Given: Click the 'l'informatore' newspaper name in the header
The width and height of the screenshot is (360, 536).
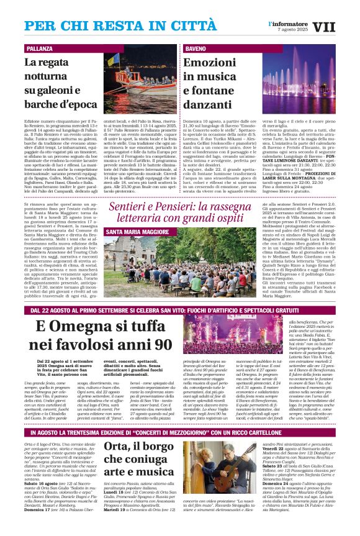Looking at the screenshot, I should pyautogui.click(x=288, y=23).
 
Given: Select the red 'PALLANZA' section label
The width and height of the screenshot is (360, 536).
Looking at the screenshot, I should pyautogui.click(x=40, y=48).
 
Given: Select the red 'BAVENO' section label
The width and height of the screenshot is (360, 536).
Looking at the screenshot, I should pyautogui.click(x=196, y=48).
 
